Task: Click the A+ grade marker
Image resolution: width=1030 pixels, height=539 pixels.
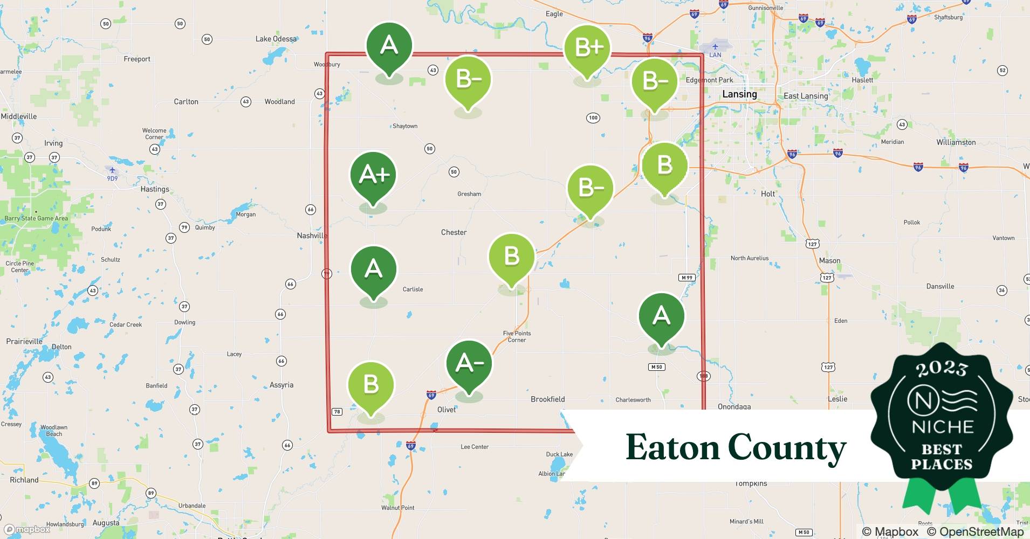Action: [373, 175]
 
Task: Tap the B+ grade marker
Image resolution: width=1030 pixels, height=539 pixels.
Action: [587, 48]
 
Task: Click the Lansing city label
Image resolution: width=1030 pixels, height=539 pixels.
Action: [739, 94]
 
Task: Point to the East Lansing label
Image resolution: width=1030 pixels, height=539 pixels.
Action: [806, 96]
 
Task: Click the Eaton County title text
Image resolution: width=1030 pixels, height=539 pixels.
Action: [736, 447]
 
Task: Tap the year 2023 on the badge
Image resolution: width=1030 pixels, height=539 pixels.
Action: [942, 369]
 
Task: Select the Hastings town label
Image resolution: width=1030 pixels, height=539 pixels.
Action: [155, 189]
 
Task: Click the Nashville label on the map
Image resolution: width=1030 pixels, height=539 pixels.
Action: [312, 236]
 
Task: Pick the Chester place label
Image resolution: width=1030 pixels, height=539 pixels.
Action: [454, 232]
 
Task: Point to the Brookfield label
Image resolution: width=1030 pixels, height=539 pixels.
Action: [547, 399]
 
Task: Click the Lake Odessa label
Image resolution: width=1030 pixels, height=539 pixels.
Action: [276, 39]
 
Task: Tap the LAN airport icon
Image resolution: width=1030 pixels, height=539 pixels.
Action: [715, 47]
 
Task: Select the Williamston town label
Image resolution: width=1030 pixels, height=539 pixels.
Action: [956, 142]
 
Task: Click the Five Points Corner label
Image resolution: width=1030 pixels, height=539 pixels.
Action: [517, 336]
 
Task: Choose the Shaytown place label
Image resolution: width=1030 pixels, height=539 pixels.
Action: [405, 126]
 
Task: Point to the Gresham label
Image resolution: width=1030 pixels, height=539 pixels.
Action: [469, 194]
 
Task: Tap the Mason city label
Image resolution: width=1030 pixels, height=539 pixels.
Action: [829, 261]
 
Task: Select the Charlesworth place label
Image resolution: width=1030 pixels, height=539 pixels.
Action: [633, 400]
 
